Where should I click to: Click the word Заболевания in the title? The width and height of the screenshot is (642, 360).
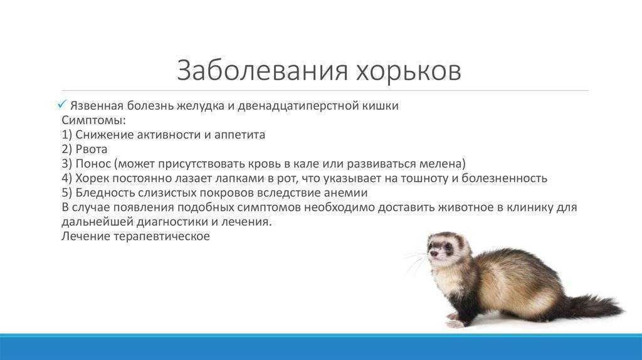[263, 70]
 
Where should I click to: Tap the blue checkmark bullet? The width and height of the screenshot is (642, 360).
[62, 105]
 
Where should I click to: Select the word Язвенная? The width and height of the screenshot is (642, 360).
[97, 105]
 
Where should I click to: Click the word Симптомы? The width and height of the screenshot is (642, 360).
[94, 120]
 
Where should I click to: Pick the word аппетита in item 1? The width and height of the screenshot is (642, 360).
[239, 135]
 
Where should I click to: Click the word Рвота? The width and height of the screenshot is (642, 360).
[92, 149]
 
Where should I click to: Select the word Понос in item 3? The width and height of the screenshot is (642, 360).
[93, 164]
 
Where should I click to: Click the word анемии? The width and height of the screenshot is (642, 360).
[346, 193]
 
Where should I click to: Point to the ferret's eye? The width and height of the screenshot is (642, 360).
[448, 247]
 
